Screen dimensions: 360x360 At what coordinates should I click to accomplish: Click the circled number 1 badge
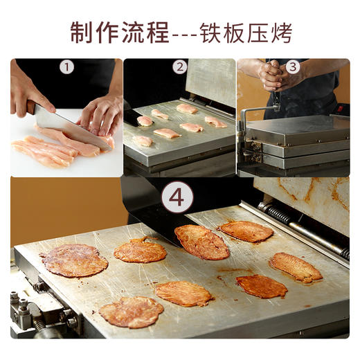coord(66,67)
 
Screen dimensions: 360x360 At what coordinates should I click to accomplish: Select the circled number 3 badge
coord(293,67)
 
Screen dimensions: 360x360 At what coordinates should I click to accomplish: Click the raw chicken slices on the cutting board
coord(45,150)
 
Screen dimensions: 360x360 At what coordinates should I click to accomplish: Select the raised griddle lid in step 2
coord(211,80)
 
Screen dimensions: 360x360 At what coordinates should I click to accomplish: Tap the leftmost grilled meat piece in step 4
coord(74,260)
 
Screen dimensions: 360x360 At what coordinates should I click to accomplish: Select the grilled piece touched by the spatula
coord(201,242)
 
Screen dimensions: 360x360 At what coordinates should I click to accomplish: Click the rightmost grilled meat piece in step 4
coord(296,267)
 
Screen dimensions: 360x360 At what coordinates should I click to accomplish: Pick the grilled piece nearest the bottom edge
coord(131,312)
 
